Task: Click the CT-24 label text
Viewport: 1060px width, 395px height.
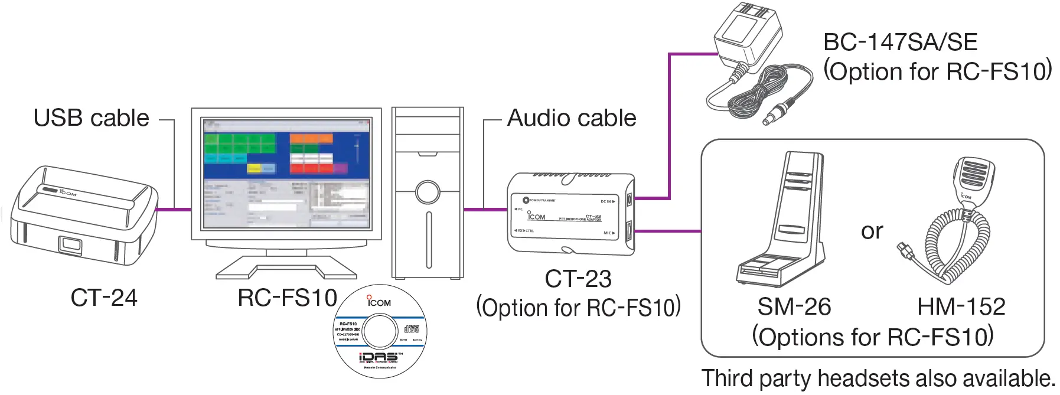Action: [x=104, y=298]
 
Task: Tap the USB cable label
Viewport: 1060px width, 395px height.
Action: [x=92, y=118]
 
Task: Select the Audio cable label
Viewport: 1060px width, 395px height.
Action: [x=572, y=118]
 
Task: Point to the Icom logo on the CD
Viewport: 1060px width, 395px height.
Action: [x=379, y=302]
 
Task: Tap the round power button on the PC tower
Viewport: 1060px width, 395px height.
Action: [x=427, y=192]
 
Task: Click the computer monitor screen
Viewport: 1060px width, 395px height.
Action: [x=286, y=173]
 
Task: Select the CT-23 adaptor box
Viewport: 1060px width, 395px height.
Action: [x=570, y=214]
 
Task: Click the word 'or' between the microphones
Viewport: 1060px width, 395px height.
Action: [x=872, y=231]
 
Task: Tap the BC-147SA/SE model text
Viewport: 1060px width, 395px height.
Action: [x=900, y=43]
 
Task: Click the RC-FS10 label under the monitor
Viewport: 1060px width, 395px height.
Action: [x=287, y=298]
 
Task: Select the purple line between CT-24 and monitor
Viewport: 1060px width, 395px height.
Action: [x=174, y=209]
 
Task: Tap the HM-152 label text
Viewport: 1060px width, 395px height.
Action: [x=961, y=306]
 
